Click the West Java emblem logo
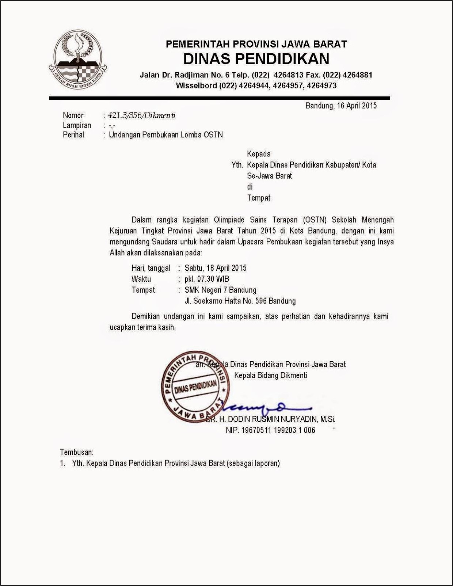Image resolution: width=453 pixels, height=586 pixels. (77, 60)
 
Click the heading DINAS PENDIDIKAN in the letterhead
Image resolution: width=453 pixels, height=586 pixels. (256, 59)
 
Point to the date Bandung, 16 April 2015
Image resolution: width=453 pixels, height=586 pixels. (341, 106)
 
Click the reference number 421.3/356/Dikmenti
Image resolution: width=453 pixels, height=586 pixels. (142, 115)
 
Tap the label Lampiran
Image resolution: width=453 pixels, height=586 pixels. (77, 125)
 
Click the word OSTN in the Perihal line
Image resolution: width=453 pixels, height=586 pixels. (213, 135)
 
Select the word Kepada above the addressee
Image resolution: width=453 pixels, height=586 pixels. (259, 154)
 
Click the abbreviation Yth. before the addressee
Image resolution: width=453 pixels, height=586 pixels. (237, 165)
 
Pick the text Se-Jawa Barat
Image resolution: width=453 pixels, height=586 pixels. (269, 176)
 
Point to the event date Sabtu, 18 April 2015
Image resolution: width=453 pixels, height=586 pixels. (216, 268)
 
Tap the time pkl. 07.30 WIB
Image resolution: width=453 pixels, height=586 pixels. (207, 279)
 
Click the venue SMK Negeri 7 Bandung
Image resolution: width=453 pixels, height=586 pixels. (220, 290)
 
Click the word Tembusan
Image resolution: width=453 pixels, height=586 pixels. (77, 452)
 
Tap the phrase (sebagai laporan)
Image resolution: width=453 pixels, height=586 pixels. (253, 463)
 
